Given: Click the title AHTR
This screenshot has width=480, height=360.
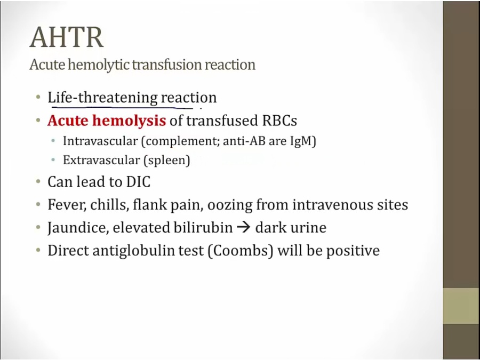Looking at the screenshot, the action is point(67,37).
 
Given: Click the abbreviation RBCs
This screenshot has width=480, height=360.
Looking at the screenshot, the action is point(279,121).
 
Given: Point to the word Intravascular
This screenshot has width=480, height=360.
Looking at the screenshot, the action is point(100,141).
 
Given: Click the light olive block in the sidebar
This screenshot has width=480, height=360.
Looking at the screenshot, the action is point(461,306).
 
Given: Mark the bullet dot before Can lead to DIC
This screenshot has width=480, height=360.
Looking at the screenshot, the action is point(38,181).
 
